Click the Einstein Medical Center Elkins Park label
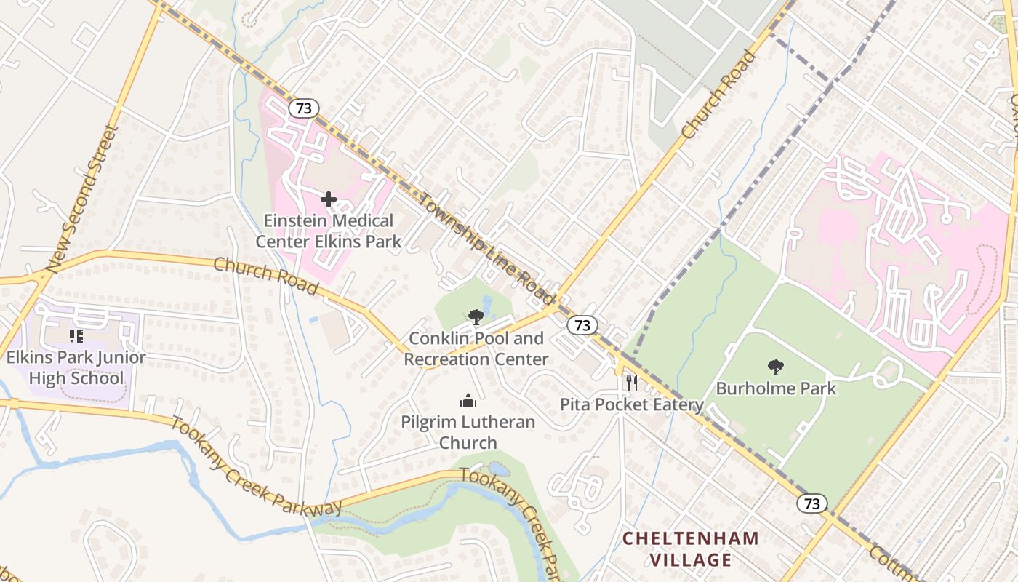(x=329, y=231)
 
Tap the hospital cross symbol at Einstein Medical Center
(x=329, y=199)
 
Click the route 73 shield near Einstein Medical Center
(x=303, y=108)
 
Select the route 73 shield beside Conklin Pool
(x=582, y=325)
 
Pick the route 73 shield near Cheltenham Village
(x=811, y=503)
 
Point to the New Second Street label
(x=81, y=200)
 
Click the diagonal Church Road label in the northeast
(x=719, y=95)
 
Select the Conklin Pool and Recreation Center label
(x=476, y=348)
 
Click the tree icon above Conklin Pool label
(x=476, y=316)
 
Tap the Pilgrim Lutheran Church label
(x=468, y=432)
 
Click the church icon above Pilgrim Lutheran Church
(x=468, y=401)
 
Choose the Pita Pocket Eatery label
(x=631, y=404)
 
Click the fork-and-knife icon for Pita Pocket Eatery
(x=631, y=383)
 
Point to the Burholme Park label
(x=776, y=388)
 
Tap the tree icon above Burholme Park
(x=776, y=367)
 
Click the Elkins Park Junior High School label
(x=76, y=368)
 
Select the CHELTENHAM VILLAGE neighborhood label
(x=690, y=549)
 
